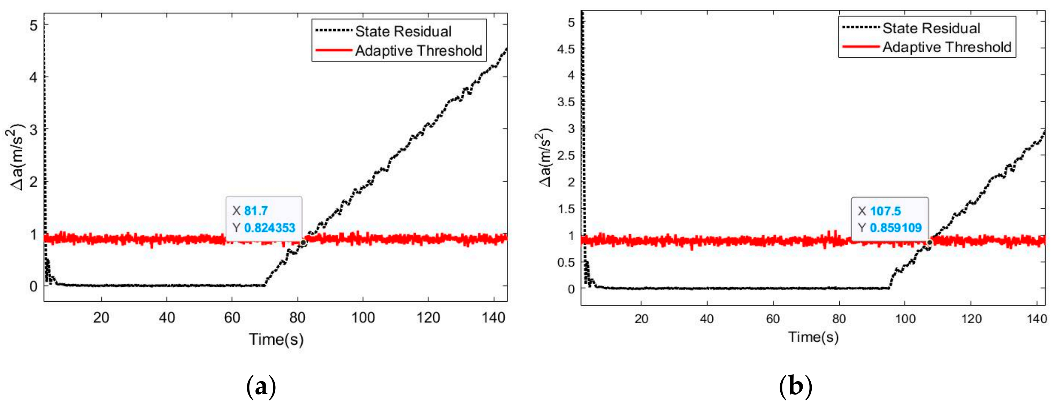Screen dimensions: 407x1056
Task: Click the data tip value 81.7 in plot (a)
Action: [x=256, y=211]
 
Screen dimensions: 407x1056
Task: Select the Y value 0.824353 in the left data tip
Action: [x=269, y=228]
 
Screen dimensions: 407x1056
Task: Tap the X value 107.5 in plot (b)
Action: [x=885, y=211]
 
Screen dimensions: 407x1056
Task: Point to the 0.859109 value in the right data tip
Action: [x=896, y=228]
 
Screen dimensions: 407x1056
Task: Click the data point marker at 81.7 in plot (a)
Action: [x=303, y=242]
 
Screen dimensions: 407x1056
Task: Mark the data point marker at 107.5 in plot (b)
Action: [x=929, y=242]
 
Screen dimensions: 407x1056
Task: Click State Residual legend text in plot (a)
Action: [x=403, y=31]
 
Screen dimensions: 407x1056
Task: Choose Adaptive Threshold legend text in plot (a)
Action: [x=419, y=51]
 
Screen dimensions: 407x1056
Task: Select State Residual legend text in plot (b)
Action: [x=931, y=28]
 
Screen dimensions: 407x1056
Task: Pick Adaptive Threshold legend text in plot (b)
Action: [x=947, y=47]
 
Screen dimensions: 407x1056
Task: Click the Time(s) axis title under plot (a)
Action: [x=276, y=340]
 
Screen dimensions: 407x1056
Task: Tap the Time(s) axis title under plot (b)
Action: [x=813, y=337]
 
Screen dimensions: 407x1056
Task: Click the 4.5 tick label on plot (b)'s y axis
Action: [x=566, y=49]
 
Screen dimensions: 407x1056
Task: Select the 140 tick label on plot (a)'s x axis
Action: [x=493, y=318]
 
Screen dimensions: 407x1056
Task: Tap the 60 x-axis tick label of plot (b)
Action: [x=773, y=319]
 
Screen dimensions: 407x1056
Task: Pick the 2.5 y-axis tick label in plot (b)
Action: [x=566, y=156]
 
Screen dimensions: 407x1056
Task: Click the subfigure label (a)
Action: [x=261, y=386]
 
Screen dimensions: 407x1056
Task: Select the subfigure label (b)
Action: [x=795, y=386]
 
